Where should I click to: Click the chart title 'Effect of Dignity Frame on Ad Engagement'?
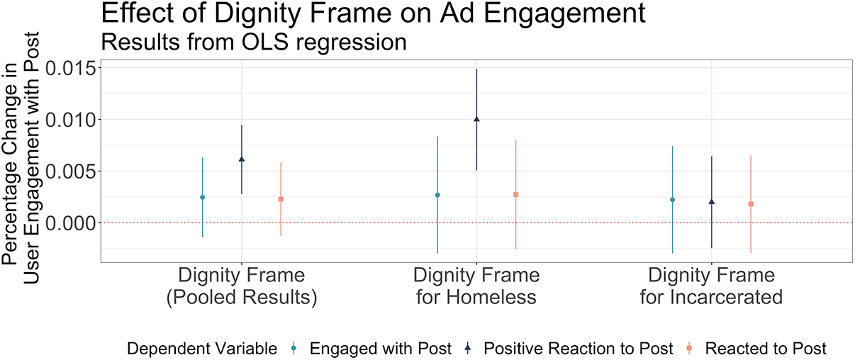[373, 14]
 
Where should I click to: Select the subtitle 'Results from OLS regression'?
[254, 42]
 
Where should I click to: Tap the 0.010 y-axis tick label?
[71, 120]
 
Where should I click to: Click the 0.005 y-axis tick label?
[71, 171]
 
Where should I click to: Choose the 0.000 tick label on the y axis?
[71, 223]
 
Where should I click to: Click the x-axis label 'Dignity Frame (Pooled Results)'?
[242, 286]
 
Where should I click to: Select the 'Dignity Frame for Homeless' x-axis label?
[476, 286]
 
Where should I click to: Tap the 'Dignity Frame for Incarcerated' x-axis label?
[712, 286]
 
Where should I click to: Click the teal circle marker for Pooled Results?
[202, 197]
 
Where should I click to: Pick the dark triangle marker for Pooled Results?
[242, 159]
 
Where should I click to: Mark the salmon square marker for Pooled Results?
[281, 199]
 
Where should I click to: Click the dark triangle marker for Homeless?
[476, 119]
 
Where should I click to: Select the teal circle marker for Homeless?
[437, 195]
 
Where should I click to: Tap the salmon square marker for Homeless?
[515, 194]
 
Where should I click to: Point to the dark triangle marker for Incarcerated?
[712, 201]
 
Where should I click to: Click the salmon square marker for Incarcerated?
[751, 204]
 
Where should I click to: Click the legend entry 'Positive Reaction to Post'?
[568, 349]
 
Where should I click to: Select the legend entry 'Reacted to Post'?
[756, 349]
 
